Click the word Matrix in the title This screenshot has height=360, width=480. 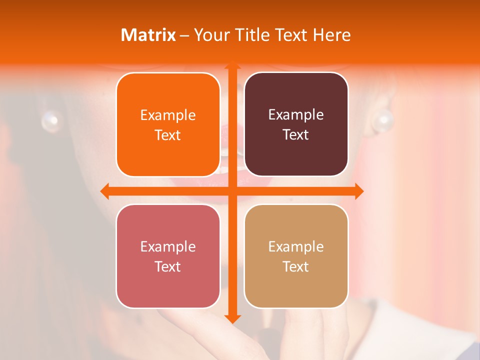click(148, 35)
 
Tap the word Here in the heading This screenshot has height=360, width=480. click(331, 35)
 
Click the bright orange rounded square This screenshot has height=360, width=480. click(168, 124)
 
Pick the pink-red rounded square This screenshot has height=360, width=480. click(168, 256)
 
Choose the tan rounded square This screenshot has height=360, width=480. click(296, 256)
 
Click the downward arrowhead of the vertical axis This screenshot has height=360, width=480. click(232, 318)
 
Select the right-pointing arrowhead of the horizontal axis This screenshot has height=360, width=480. click(358, 190)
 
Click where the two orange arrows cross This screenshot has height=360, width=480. click(232, 190)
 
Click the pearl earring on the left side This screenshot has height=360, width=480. click(50, 120)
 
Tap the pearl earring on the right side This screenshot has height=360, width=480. click(384, 120)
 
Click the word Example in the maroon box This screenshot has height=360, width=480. click(296, 114)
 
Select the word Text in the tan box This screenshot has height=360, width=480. click(296, 266)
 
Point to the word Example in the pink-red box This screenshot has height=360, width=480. click(168, 246)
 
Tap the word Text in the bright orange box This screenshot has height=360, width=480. click(168, 135)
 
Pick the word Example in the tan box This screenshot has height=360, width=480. click(296, 246)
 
